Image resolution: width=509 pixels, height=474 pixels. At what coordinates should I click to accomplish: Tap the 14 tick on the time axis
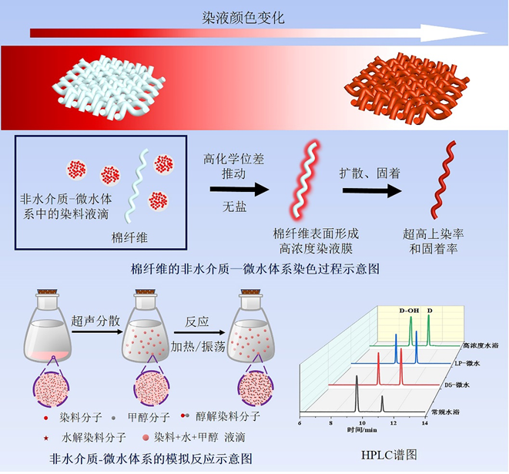[424, 422]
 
